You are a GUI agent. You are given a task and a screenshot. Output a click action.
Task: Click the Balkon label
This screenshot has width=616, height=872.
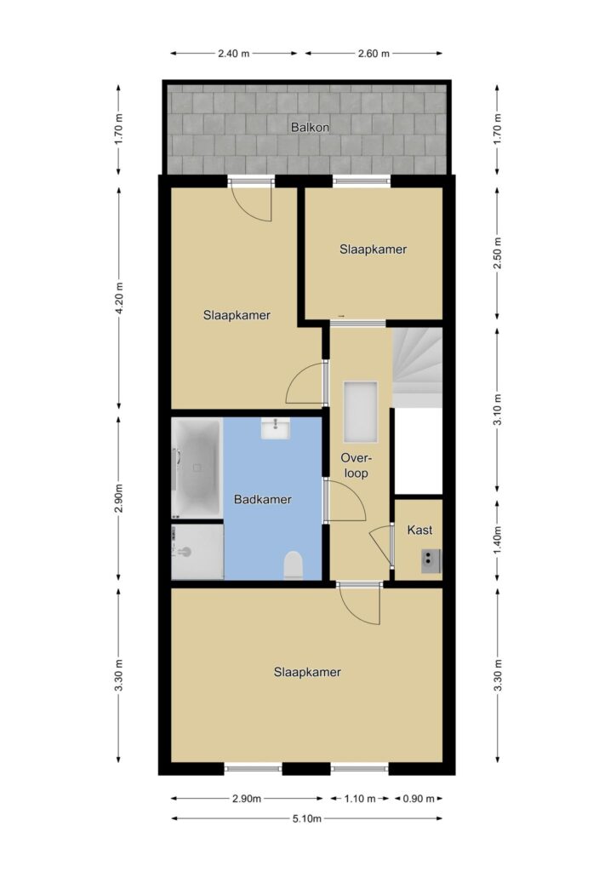[310, 128]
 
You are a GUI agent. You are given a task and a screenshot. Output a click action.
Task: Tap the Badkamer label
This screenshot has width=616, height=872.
[263, 499]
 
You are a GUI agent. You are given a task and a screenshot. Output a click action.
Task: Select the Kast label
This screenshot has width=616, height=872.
[419, 530]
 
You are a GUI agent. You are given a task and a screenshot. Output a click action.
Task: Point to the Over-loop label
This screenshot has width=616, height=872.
[356, 466]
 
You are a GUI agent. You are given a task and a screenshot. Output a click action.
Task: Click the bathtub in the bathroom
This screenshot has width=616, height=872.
[197, 468]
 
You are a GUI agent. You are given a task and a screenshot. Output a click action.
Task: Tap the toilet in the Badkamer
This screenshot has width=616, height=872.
[293, 565]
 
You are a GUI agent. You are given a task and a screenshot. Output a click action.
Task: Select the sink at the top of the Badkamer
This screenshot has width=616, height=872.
[276, 428]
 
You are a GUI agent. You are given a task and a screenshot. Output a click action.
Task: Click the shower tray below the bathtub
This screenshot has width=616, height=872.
[197, 551]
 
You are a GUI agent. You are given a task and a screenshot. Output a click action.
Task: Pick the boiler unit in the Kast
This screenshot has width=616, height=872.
[431, 560]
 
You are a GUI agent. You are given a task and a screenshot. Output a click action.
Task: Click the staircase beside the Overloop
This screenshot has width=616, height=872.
[417, 368]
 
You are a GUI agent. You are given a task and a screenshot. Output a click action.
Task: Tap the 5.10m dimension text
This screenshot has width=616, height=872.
[307, 818]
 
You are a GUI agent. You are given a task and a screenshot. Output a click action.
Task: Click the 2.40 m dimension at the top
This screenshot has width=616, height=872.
[233, 54]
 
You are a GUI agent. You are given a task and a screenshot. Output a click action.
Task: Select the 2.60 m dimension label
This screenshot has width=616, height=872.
[374, 54]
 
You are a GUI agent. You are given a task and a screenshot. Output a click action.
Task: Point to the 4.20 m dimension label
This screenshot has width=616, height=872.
[119, 298]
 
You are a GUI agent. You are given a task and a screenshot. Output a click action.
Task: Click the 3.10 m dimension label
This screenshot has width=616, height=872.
[498, 410]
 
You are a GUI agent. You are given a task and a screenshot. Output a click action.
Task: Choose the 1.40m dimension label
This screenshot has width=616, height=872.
[498, 539]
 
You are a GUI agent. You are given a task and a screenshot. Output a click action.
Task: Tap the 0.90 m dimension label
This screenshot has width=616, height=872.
[419, 799]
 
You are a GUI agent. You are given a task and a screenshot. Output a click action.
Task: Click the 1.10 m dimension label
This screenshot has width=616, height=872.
[360, 799]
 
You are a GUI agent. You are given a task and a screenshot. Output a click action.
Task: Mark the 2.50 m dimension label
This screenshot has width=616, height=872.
[498, 252]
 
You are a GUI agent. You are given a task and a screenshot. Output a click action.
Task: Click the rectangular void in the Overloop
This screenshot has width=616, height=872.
[361, 412]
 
